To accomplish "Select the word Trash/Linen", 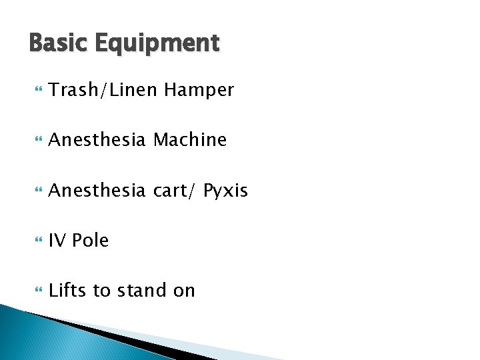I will (103, 90).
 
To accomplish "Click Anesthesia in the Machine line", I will (97, 140).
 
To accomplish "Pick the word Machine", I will (190, 140).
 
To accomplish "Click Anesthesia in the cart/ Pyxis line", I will (97, 191).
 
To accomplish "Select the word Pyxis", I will (225, 191).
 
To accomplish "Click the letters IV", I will (57, 241).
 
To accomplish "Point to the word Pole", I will (90, 241).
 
